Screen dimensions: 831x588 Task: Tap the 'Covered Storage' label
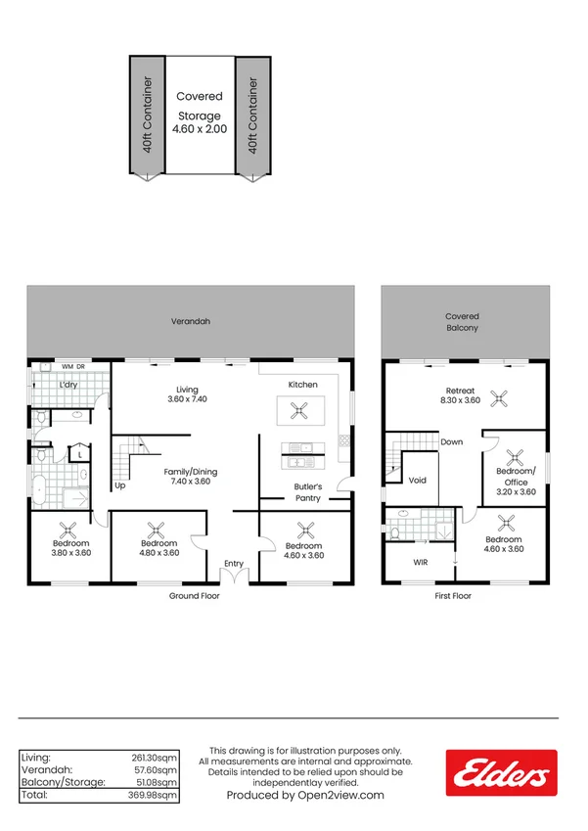(200, 115)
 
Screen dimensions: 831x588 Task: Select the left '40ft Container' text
(147, 115)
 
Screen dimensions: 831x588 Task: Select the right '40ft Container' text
(253, 115)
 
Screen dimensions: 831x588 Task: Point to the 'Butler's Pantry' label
(308, 492)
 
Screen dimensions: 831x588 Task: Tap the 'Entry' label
(234, 563)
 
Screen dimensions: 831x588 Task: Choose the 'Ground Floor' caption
(194, 595)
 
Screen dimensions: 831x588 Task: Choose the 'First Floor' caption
(453, 595)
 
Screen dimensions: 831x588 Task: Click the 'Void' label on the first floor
(418, 481)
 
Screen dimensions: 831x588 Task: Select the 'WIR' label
(421, 563)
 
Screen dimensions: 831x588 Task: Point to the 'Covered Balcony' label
(462, 322)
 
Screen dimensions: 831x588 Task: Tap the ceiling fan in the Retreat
(501, 397)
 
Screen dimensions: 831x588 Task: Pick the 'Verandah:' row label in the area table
(45, 770)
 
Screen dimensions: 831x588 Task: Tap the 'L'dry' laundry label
(68, 385)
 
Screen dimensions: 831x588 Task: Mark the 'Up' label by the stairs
(120, 485)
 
